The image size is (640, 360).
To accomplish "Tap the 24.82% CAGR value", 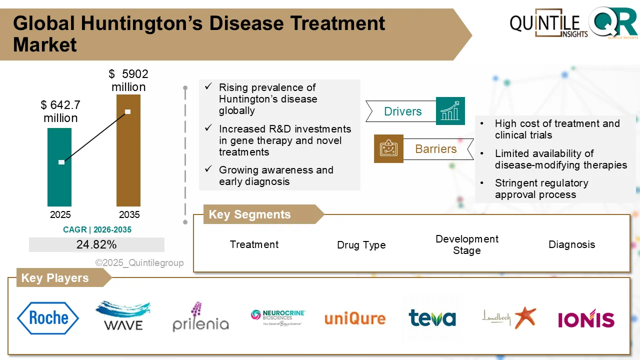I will (x=96, y=244).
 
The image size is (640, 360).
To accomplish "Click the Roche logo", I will (x=48, y=318).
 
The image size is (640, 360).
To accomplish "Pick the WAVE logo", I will (x=123, y=315).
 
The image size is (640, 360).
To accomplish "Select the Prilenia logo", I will (x=200, y=317).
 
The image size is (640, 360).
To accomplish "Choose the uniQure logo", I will (x=355, y=318).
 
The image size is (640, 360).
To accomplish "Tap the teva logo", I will (x=432, y=318).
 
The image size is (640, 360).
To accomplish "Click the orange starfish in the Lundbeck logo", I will (x=524, y=317).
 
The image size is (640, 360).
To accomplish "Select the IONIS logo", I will (x=586, y=318).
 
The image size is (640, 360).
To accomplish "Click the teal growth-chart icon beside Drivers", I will (x=450, y=111).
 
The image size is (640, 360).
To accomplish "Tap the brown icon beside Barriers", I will (x=388, y=149).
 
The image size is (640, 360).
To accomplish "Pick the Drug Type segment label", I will (x=361, y=245).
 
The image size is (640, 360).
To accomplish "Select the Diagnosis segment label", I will (x=572, y=244).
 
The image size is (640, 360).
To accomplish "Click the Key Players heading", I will (x=55, y=278).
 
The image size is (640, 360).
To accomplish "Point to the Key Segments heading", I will (x=249, y=214).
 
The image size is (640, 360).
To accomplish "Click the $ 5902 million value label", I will (x=128, y=80).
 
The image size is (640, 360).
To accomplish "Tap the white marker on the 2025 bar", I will (x=61, y=162).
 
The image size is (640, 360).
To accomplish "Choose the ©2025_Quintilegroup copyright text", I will (x=139, y=262).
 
